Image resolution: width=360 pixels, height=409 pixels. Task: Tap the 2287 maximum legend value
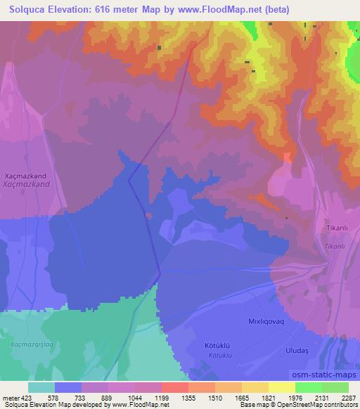[349, 398]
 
